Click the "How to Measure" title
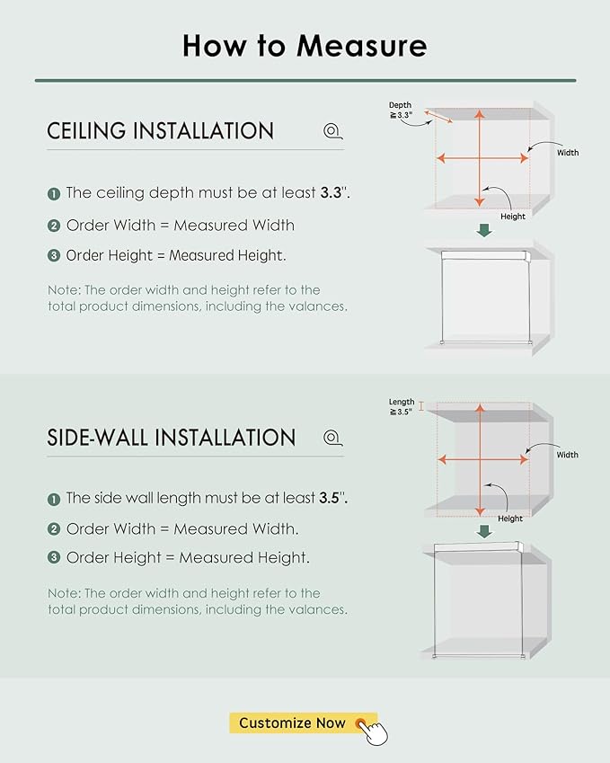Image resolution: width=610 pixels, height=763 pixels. coord(305,46)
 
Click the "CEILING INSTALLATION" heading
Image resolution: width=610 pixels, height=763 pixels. coord(161,131)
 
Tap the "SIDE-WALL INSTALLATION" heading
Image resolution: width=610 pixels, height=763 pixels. coord(172,438)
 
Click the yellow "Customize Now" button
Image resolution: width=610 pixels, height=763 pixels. coord(303,723)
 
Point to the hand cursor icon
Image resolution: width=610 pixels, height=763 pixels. coord(374,732)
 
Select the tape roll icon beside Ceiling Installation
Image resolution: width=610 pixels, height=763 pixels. coord(332,131)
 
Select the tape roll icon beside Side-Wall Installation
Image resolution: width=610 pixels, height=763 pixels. coord(332,438)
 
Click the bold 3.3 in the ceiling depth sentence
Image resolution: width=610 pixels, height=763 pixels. coord(331,192)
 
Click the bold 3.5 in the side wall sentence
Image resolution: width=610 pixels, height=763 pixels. coord(330,498)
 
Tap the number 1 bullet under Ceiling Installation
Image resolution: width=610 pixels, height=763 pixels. coord(54,194)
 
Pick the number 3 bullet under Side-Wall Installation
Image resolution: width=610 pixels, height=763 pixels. coord(54,558)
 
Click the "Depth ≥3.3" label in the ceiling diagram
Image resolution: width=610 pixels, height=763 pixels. coord(401,110)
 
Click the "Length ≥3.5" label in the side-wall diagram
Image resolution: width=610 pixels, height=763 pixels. coord(402,407)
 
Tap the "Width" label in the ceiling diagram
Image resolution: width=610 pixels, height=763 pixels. coord(568,153)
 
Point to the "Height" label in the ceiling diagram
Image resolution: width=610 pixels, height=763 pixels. coord(513,217)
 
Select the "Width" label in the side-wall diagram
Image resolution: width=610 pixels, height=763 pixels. coord(567,455)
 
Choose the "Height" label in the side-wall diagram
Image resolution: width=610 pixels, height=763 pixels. coord(509,519)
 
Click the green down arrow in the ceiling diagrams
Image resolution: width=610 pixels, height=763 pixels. coord(484,230)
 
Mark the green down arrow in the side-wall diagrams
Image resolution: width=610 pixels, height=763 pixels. coord(484,531)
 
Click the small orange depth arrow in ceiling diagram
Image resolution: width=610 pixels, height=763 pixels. coord(438,117)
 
